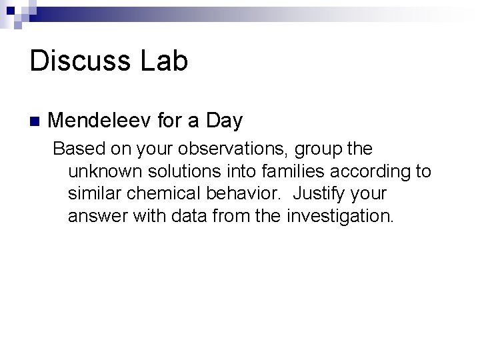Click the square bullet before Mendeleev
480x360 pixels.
35,122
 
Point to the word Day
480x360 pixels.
225,121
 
